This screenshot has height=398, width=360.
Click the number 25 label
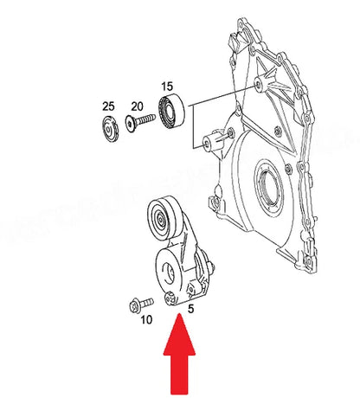coord(108,106)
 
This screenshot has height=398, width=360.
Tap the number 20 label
coord(137,106)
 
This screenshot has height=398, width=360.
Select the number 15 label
coord(167,87)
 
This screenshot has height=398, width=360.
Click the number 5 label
coord(190,307)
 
